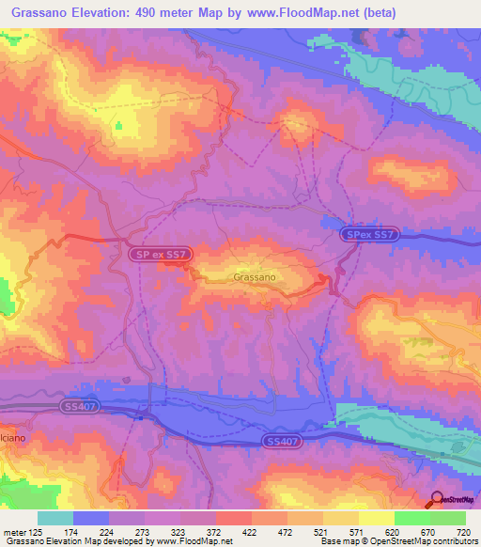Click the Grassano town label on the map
click(254, 278)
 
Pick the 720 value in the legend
click(463, 532)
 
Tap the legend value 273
click(145, 532)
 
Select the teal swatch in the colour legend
click(55, 518)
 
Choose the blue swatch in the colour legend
click(91, 518)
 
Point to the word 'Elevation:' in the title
click(112, 13)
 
